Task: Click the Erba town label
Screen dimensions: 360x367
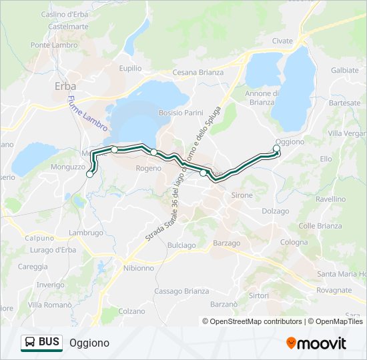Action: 65,86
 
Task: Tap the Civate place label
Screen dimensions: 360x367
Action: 282,41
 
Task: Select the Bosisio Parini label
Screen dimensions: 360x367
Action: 180,113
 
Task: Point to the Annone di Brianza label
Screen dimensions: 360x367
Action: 260,98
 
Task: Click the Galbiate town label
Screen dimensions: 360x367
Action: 344,70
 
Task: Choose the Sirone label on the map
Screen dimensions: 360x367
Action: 242,195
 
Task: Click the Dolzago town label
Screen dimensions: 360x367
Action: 276,211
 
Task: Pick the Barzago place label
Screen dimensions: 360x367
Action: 226,243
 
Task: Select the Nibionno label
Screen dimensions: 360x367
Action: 139,268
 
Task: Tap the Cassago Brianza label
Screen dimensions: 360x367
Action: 181,291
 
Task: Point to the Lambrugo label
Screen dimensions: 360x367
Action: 85,233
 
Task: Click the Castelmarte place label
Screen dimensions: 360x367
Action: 68,27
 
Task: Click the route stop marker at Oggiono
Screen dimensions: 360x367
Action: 277,149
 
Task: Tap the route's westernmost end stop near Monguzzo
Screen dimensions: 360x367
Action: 90,175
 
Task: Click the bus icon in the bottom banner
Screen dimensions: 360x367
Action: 30,343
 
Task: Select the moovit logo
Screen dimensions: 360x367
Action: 316,343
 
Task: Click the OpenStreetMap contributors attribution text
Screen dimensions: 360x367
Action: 256,321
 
